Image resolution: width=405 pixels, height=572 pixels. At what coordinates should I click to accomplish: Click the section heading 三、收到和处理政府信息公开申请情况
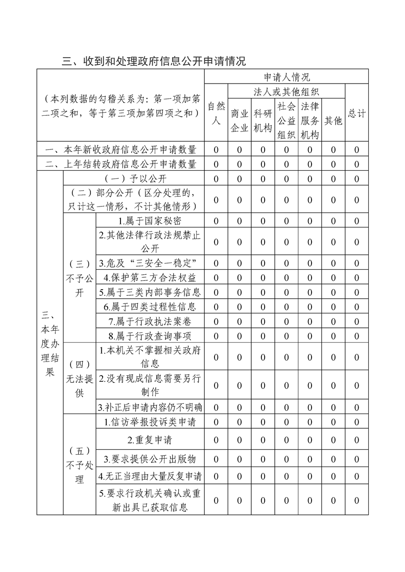click(154, 61)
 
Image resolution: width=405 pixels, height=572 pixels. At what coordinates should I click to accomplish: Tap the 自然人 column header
click(216, 114)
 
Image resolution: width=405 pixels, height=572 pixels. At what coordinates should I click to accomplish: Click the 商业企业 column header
click(240, 120)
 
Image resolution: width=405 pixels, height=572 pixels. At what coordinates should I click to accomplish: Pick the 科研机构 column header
click(263, 120)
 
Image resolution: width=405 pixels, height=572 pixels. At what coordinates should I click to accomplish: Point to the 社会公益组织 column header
click(287, 120)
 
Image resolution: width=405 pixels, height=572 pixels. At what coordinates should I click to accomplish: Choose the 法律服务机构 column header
click(310, 120)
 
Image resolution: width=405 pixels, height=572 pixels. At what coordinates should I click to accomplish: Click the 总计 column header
click(356, 114)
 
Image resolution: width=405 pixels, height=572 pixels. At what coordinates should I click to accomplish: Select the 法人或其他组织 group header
click(287, 92)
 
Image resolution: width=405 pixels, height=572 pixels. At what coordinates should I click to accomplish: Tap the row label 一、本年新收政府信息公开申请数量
click(121, 150)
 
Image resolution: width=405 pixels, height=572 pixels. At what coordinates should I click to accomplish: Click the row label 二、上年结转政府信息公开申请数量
click(121, 164)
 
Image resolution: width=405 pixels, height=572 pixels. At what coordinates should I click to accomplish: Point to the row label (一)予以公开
click(133, 179)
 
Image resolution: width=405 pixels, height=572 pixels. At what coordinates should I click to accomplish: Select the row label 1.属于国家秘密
click(150, 221)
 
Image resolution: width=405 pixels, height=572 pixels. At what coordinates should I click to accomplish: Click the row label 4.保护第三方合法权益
click(150, 278)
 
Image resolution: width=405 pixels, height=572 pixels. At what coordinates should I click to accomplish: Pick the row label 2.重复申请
click(150, 440)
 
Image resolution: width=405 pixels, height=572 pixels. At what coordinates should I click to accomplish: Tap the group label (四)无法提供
click(79, 378)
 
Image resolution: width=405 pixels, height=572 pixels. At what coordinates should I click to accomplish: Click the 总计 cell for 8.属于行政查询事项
click(356, 335)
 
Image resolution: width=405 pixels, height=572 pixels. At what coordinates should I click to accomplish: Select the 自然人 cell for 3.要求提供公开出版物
click(216, 459)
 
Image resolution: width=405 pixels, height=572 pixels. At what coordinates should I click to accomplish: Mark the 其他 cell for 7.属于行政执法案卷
click(333, 321)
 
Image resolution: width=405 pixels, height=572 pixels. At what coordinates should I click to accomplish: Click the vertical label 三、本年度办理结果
click(50, 343)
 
